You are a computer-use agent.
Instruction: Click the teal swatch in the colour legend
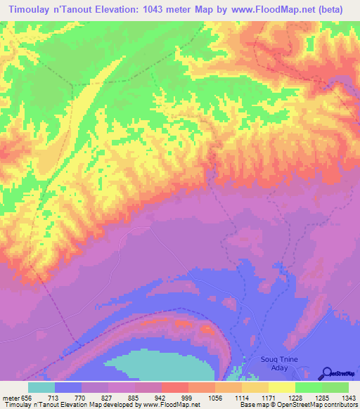point(41,387)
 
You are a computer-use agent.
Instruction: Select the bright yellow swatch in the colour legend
point(281,387)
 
